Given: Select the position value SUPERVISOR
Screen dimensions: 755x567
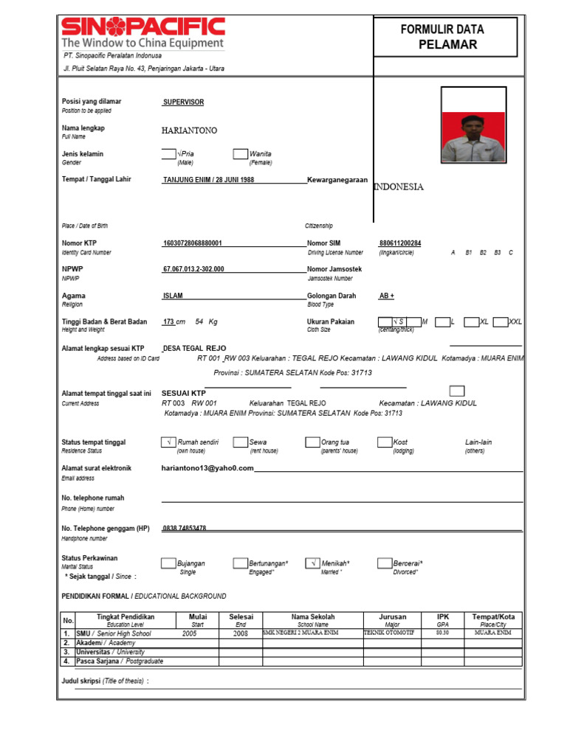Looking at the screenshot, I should (183, 102).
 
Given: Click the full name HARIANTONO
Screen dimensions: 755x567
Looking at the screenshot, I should (189, 131).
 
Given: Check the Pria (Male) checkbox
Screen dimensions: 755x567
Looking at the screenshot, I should (168, 154).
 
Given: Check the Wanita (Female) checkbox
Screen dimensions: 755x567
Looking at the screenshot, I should (240, 154).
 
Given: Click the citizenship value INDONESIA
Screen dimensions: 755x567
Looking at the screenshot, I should (399, 187).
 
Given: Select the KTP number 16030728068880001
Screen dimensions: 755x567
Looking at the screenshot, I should (192, 243).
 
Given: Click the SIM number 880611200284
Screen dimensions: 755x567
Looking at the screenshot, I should (400, 243).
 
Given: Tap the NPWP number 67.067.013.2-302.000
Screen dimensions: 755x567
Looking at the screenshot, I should (193, 269).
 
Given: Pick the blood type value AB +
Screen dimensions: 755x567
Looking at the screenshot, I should (387, 296).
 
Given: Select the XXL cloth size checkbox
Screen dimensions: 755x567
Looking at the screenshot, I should (500, 321).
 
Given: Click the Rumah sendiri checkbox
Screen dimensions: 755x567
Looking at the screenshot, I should (168, 442).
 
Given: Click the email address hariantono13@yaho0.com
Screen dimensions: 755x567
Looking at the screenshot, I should (207, 468).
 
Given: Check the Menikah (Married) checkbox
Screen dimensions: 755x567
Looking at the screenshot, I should (312, 563).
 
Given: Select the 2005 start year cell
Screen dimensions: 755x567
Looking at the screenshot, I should (190, 633).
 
